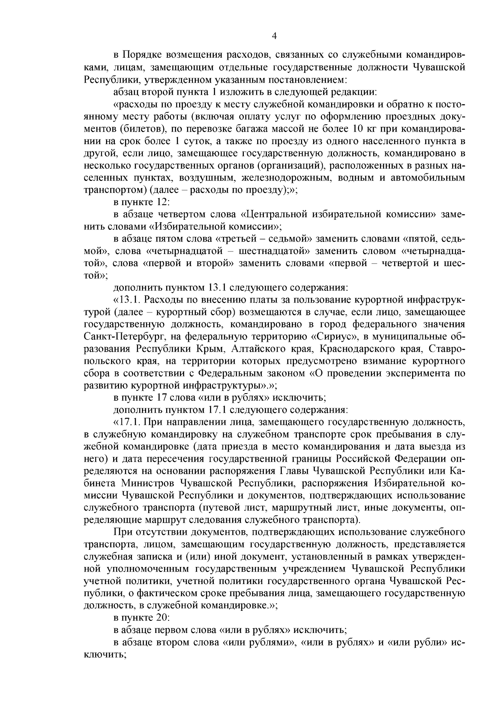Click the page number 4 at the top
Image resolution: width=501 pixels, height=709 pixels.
pos(274,36)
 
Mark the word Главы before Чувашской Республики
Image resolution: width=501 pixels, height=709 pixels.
pos(294,471)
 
